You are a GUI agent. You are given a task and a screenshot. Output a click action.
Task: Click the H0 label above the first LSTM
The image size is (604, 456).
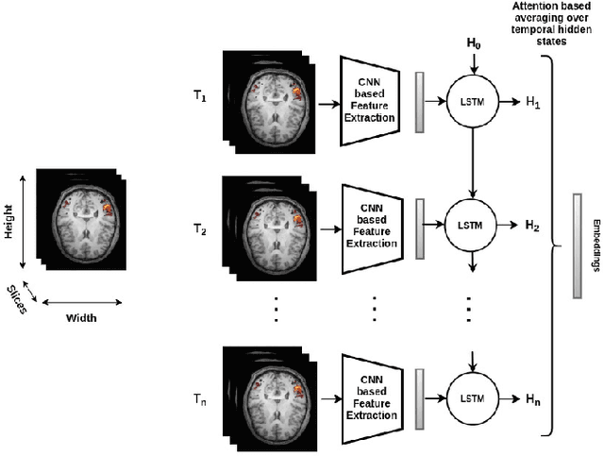[473, 44]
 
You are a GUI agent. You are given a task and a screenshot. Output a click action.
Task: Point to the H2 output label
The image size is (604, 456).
[533, 226]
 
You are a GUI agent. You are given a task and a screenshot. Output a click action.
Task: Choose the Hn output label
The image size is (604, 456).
[533, 400]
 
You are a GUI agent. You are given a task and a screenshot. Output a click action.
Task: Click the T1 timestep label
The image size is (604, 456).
[198, 96]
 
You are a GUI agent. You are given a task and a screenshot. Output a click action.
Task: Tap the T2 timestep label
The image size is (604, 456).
[198, 228]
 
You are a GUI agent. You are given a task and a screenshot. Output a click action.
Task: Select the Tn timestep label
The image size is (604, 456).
[198, 400]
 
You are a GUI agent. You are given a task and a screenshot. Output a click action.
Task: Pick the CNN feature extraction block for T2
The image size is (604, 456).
[375, 226]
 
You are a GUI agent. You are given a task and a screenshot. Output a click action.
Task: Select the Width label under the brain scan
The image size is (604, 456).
[81, 317]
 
